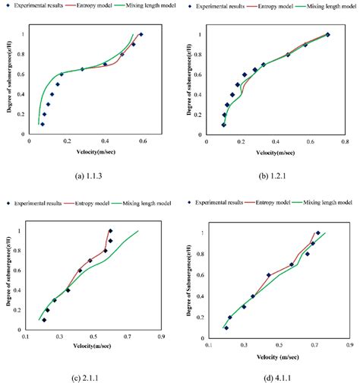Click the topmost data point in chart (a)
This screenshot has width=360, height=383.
pyautogui.click(x=141, y=35)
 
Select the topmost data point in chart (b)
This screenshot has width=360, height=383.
pyautogui.click(x=328, y=34)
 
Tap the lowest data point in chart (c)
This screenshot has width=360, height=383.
pyautogui.click(x=44, y=319)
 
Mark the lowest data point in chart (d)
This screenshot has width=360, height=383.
pyautogui.click(x=226, y=328)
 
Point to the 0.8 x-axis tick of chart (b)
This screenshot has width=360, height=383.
pyautogui.click(x=345, y=141)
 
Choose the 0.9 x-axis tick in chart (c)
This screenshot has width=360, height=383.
pyautogui.click(x=161, y=335)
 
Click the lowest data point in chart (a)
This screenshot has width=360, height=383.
pyautogui.click(x=42, y=124)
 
